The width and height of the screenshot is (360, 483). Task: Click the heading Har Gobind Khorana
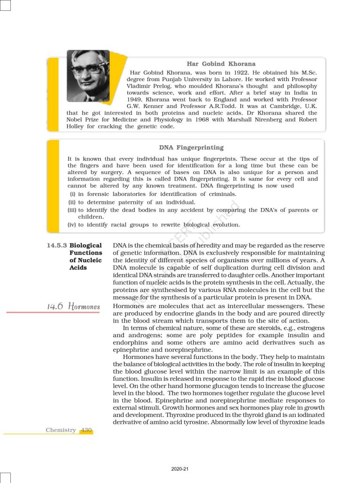point(221,64)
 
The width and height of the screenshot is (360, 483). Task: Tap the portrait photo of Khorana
point(88,75)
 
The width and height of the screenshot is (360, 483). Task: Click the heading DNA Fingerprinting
point(191,148)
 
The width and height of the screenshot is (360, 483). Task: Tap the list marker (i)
point(73,194)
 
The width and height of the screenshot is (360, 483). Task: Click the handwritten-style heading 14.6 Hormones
point(74,307)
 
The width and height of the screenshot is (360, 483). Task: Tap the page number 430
point(86,430)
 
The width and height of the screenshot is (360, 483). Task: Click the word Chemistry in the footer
point(61,430)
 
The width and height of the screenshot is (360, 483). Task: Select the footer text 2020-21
point(180,469)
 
